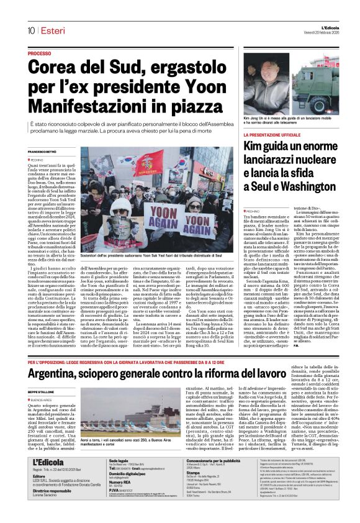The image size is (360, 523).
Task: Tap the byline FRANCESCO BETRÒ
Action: point(42,152)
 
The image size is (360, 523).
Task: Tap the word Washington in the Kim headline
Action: point(303,185)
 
